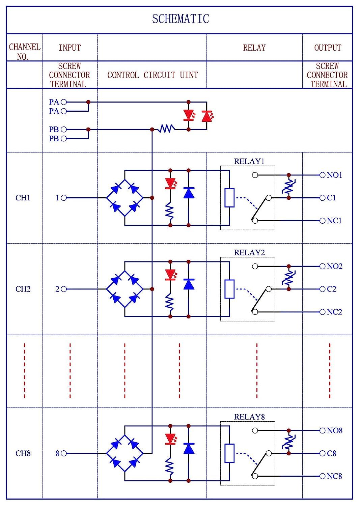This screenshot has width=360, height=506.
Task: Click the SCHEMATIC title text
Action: click(181, 19)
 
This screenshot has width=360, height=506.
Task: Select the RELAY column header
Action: click(254, 48)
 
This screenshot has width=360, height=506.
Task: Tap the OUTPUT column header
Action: click(328, 48)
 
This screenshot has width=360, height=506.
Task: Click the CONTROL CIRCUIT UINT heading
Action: click(153, 75)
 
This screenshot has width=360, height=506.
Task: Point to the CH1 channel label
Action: click(23, 198)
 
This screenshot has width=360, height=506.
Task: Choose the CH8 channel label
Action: click(23, 453)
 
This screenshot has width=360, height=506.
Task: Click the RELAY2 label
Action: click(249, 253)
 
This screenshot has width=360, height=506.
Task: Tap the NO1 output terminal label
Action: click(334, 175)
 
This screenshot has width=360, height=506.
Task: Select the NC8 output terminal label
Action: click(334, 476)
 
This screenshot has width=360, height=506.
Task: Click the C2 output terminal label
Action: click(332, 289)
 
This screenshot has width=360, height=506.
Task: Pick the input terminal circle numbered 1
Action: click(64, 198)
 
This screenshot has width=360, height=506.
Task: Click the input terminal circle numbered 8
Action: click(64, 453)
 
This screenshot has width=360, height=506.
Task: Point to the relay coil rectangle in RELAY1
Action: click(229, 198)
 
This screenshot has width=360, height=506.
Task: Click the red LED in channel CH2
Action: click(171, 275)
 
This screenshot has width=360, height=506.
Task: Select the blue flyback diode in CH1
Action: click(189, 193)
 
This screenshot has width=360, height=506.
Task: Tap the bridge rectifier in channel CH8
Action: click(125, 453)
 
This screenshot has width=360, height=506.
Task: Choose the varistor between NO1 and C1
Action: click(289, 187)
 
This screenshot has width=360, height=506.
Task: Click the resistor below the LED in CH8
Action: click(169, 467)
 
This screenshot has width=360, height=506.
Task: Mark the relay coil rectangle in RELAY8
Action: click(229, 453)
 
